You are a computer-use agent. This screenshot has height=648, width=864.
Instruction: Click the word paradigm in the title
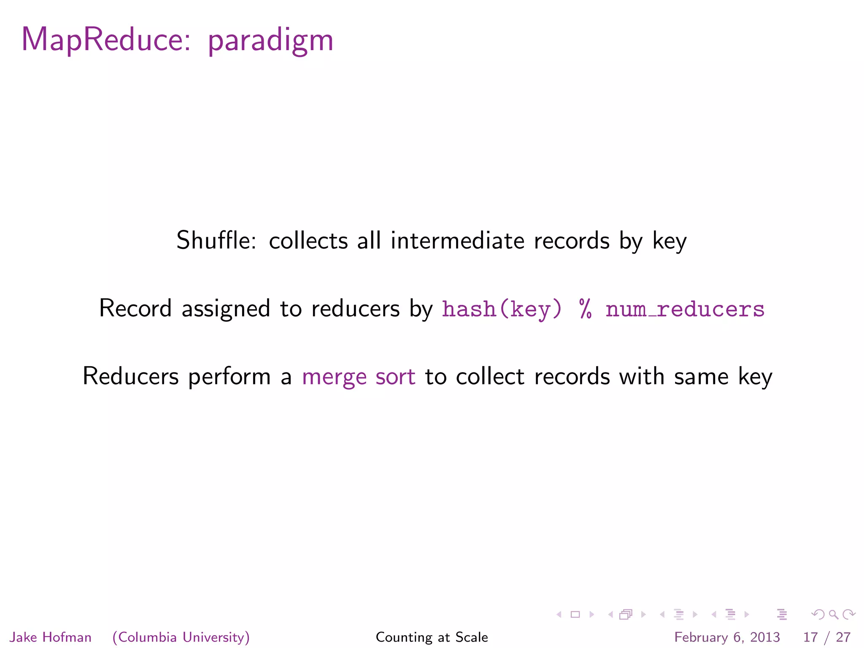(x=270, y=41)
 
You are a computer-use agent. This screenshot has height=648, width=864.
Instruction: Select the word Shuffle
(x=216, y=240)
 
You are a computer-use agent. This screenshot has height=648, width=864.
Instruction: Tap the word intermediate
(x=457, y=240)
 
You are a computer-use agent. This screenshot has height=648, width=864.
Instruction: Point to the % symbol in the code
(x=585, y=309)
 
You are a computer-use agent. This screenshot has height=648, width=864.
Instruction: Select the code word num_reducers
(x=685, y=309)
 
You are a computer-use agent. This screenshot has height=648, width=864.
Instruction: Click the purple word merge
(x=334, y=377)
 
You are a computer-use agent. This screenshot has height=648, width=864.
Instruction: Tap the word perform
(x=229, y=377)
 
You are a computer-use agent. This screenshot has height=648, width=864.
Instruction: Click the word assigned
(x=226, y=309)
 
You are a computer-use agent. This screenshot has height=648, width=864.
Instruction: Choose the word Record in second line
(x=135, y=308)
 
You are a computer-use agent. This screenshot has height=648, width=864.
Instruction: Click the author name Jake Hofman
(x=50, y=637)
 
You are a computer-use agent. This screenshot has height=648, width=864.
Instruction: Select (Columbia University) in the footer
(x=181, y=637)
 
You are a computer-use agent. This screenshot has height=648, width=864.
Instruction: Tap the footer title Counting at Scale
(x=432, y=637)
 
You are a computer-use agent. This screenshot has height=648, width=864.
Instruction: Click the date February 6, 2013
(x=727, y=637)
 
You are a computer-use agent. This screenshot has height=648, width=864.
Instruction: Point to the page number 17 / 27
(x=826, y=637)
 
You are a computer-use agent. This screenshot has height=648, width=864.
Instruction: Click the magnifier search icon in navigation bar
(x=833, y=615)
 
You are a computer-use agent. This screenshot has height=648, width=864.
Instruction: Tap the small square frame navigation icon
(x=575, y=615)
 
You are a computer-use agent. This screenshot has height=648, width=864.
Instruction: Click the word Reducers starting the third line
(x=130, y=376)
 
